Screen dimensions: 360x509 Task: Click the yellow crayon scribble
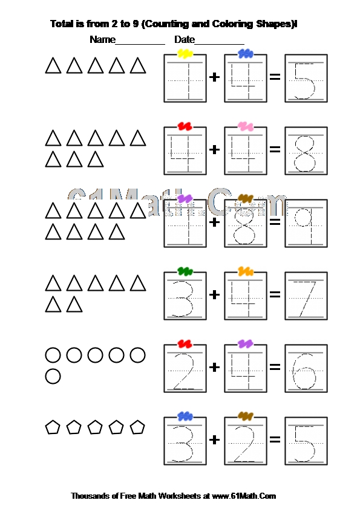click(x=185, y=54)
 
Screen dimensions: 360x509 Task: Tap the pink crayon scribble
click(x=245, y=126)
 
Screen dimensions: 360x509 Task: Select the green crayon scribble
click(x=185, y=271)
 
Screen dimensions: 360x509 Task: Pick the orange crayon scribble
click(x=246, y=271)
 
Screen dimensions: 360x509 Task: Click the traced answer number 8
click(x=306, y=154)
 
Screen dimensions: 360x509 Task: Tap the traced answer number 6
click(x=304, y=371)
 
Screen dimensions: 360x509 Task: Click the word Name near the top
click(x=102, y=40)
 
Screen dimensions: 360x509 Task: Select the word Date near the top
click(x=185, y=40)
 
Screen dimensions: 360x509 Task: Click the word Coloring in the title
click(x=232, y=24)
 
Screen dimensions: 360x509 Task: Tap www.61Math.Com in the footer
click(x=244, y=496)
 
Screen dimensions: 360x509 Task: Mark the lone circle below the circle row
click(x=53, y=376)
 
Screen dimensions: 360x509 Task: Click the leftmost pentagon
click(x=52, y=427)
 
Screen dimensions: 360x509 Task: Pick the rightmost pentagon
click(x=137, y=427)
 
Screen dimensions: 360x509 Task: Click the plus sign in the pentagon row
click(x=214, y=439)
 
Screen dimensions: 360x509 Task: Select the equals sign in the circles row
click(x=275, y=367)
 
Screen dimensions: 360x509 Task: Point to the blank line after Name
click(x=140, y=44)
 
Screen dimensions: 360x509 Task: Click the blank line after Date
click(x=219, y=44)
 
